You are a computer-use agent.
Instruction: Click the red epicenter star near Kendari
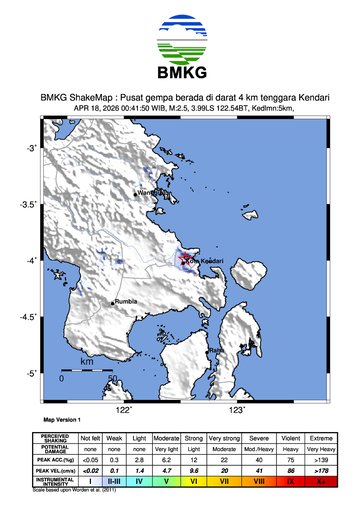coord(185,261)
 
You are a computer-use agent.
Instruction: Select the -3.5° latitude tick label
coord(28,204)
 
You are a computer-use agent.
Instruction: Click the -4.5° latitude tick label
coord(28,317)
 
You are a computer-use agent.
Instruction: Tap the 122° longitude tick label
coord(124,409)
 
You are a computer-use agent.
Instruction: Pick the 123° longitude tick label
coord(237,409)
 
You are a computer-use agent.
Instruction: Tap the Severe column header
coord(258,437)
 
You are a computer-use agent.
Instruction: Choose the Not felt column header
coord(90,437)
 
